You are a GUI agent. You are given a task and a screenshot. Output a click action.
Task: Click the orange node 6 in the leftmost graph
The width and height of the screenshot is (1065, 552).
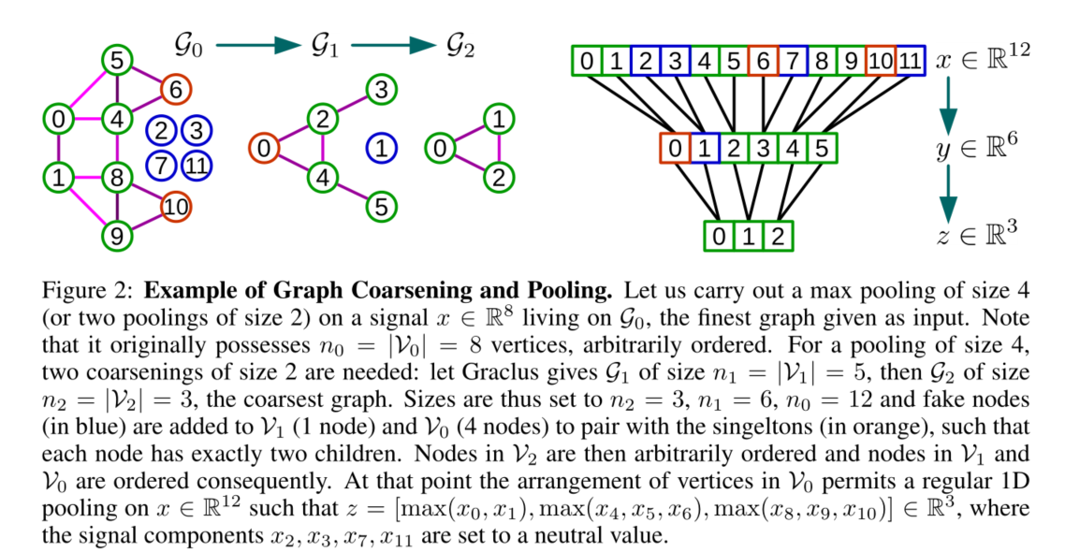173,90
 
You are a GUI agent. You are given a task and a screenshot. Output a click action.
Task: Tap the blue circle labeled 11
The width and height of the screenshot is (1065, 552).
197,166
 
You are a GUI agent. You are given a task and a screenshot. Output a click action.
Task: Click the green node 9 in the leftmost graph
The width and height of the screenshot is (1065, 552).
116,236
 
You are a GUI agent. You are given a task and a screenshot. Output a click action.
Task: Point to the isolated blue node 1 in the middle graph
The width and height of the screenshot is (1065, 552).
382,148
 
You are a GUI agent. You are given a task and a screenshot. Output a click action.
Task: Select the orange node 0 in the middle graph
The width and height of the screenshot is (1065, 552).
265,148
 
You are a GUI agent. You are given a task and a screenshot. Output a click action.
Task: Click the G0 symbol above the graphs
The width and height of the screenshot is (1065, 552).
187,44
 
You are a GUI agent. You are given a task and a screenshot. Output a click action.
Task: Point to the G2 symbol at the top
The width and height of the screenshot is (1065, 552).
458,44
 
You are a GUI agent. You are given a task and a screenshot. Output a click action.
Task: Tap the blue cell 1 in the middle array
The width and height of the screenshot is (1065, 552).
705,148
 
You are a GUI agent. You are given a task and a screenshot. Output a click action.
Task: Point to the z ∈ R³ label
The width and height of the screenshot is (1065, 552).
983,236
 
